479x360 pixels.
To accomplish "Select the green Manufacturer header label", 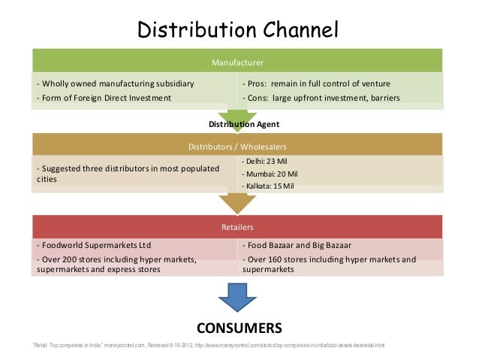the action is point(238,61).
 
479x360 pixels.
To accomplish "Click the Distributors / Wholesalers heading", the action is point(237,146).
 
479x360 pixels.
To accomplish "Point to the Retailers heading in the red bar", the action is point(237,226).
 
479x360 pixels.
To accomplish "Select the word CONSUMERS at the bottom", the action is point(239,328).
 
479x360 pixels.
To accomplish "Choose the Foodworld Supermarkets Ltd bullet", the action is point(94,246).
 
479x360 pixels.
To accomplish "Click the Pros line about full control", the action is point(327,83).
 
